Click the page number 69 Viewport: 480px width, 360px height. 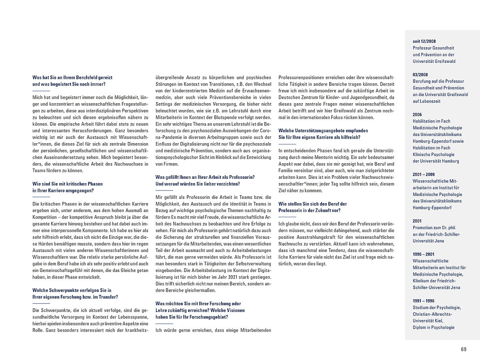[464, 349]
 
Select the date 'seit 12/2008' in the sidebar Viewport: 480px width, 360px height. [424, 41]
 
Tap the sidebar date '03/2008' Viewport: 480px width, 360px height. [420, 74]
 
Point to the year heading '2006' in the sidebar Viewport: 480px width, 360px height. [417, 114]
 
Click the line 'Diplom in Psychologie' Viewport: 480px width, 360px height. [434, 327]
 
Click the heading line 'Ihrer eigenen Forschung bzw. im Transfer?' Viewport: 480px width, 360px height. [75, 297]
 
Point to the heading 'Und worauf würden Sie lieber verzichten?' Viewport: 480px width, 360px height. [198, 184]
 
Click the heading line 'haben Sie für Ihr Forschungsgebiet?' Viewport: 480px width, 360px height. [192, 317]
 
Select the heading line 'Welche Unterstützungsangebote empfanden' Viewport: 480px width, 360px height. [323, 131]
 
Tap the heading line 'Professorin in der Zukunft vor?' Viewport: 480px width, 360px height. [309, 210]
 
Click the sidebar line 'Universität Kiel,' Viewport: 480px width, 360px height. [428, 321]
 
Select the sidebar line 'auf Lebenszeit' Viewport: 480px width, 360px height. [426, 101]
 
